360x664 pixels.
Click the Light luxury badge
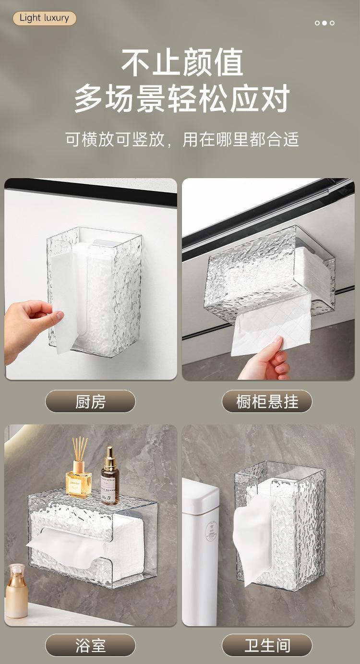[45, 18]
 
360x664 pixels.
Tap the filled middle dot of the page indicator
[324, 23]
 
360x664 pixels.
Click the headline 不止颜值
[182, 63]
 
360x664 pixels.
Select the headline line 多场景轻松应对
[182, 98]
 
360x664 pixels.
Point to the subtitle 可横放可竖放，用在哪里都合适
[182, 139]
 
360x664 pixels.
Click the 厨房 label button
[90, 401]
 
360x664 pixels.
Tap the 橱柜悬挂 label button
[267, 401]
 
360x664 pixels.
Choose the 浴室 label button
[90, 645]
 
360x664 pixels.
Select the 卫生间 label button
[267, 645]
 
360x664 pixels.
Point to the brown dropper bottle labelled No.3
[110, 478]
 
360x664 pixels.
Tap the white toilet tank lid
[200, 489]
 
